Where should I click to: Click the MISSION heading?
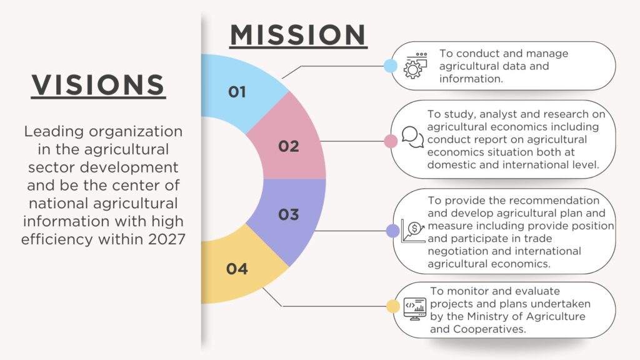298,35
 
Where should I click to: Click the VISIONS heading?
98,85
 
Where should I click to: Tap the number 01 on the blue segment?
237,92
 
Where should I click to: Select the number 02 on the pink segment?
289,146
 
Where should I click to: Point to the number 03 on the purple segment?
289,214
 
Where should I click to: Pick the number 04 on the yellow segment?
237,269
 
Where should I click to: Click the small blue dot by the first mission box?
391,66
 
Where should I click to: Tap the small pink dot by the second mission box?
391,141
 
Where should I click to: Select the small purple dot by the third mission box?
392,231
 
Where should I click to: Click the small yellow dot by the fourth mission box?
392,306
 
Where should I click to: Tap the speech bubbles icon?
412,137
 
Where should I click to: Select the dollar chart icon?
413,231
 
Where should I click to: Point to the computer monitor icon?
415,309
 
